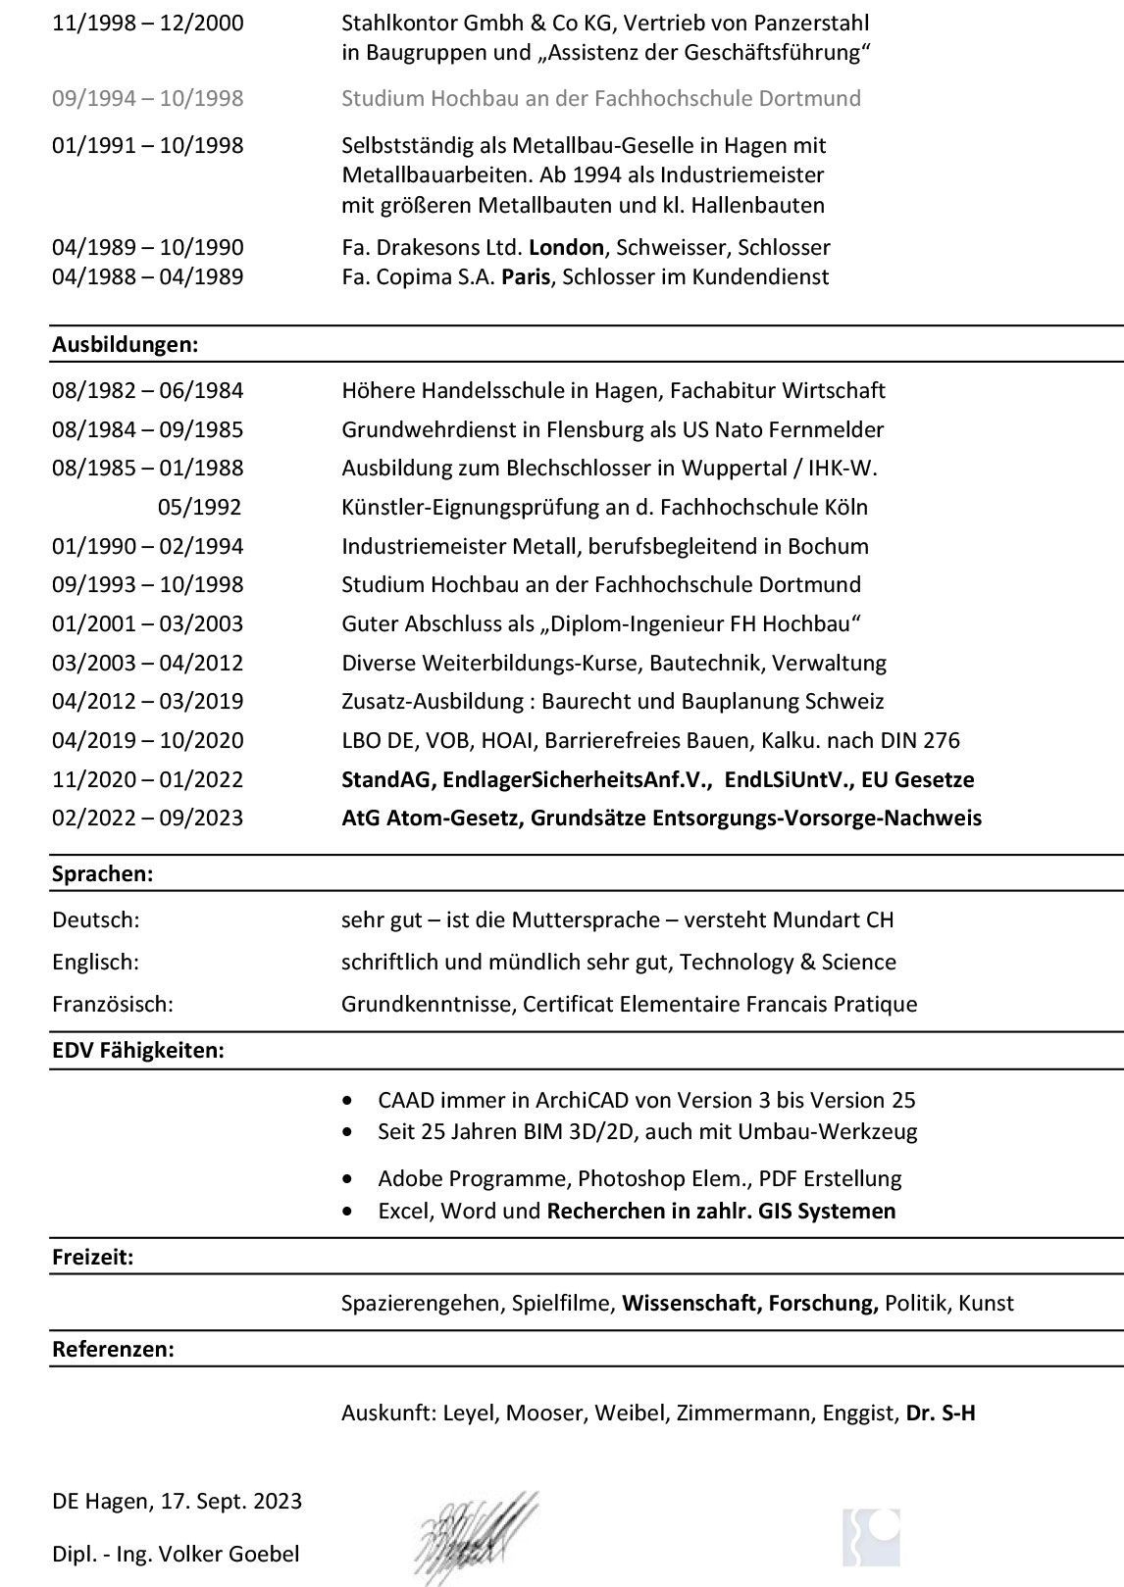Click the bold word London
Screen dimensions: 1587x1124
coord(566,248)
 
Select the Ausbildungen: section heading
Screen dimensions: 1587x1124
coord(125,345)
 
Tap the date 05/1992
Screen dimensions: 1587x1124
coord(199,508)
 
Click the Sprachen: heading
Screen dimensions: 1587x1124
coord(102,874)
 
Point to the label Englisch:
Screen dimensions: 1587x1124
coord(95,963)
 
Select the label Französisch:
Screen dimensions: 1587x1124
coord(112,1005)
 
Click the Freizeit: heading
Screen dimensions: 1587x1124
coord(92,1258)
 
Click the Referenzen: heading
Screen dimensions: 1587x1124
coord(113,1350)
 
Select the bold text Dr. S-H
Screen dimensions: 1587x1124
coord(940,1413)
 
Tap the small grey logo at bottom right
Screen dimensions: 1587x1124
coord(870,1537)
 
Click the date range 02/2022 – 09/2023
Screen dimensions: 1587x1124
coord(147,818)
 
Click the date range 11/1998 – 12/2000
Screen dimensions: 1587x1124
coord(147,24)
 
